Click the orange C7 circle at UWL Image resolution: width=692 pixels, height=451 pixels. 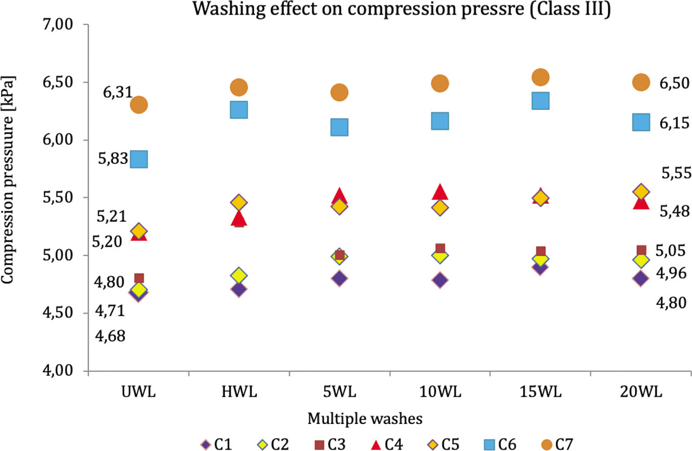tap(139, 104)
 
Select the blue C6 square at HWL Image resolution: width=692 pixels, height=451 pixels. tap(238, 110)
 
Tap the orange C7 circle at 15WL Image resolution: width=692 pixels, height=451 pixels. tap(541, 77)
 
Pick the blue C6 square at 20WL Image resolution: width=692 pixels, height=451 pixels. tap(641, 122)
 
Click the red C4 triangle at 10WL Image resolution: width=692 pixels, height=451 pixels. tap(440, 191)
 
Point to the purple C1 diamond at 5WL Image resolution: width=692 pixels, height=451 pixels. tap(339, 278)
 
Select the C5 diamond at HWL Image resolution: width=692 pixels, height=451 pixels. tap(238, 203)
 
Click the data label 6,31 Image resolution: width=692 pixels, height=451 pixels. tap(117, 92)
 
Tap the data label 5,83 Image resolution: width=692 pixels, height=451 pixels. tap(112, 159)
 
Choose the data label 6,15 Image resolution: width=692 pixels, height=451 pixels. tap(674, 123)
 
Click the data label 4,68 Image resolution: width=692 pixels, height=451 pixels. tap(110, 336)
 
